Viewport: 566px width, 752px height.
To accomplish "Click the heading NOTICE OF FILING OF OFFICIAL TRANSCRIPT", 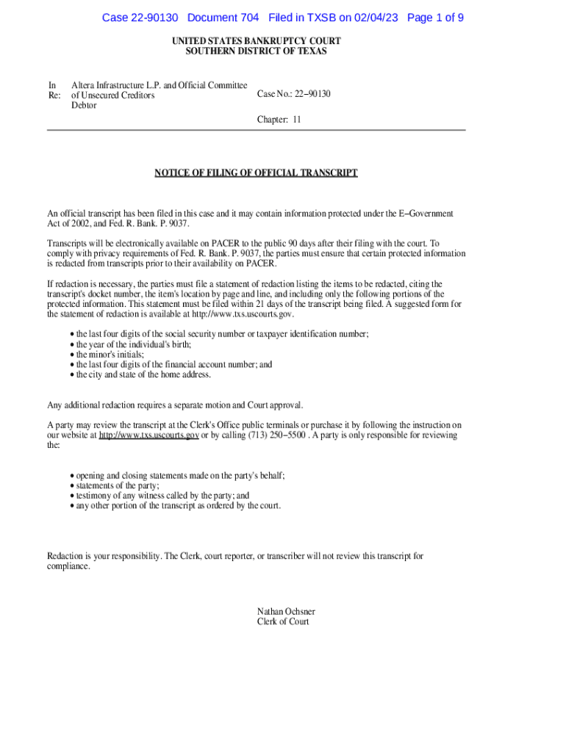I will [256, 173].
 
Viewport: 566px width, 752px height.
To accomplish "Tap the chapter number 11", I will [297, 119].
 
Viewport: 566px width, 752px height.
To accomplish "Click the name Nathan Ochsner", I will [286, 611].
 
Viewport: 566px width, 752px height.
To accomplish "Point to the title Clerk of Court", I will [283, 621].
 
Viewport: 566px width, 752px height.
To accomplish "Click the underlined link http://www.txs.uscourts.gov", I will [149, 435].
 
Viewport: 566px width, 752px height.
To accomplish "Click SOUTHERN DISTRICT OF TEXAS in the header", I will [256, 51].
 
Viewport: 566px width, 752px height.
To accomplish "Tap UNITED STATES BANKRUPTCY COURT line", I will [256, 41].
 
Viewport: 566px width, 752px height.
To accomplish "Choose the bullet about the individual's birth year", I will [134, 344].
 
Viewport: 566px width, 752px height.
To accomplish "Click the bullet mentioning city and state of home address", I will [143, 375].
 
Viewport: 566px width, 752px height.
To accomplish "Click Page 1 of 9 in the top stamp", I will [435, 18].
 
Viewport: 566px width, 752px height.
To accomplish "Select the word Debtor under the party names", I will [84, 105].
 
